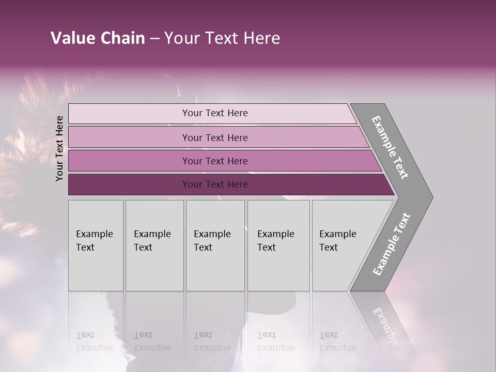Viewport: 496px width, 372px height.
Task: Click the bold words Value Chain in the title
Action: (98, 38)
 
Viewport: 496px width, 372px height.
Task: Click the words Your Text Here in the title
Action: (222, 38)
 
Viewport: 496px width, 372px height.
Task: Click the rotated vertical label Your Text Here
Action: (59, 148)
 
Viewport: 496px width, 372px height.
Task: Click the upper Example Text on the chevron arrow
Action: (390, 147)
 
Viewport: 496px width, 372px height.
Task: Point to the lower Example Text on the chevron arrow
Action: (392, 244)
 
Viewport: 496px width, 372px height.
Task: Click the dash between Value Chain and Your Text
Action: (154, 39)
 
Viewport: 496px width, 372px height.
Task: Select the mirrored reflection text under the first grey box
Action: (95, 342)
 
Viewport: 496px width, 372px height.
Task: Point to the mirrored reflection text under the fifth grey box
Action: (338, 342)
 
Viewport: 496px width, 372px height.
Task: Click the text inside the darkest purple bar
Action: (215, 184)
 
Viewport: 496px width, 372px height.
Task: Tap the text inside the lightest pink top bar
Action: (215, 113)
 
